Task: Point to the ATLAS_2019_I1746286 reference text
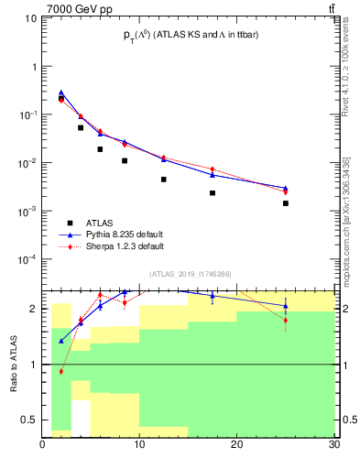pyautogui.click(x=189, y=273)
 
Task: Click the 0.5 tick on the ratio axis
pyautogui.click(x=33, y=420)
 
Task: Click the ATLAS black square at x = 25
pyautogui.click(x=286, y=203)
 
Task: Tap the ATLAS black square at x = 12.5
pyautogui.click(x=164, y=180)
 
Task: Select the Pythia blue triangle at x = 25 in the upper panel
pyautogui.click(x=286, y=188)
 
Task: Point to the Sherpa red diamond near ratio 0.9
pyautogui.click(x=61, y=371)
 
